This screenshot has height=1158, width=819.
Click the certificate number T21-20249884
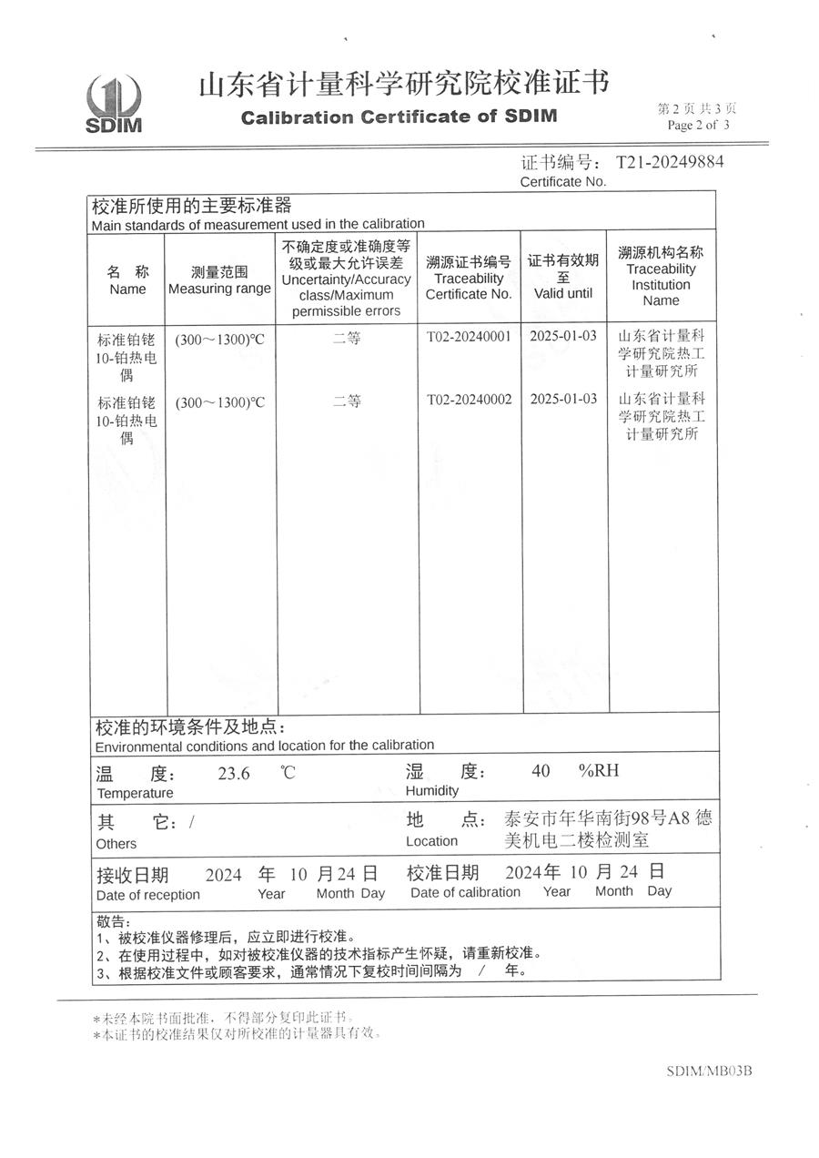[670, 163]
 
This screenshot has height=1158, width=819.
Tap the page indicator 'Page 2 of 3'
[698, 126]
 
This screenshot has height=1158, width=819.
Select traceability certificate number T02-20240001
[469, 336]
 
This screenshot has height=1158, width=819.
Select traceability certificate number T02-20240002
[469, 399]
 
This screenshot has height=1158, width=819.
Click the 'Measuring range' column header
[219, 289]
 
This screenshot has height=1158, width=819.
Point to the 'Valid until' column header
[563, 293]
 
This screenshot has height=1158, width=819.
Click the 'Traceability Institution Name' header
[661, 284]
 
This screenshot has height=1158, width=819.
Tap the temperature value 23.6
[234, 774]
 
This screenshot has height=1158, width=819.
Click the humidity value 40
[541, 771]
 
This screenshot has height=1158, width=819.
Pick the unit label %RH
[598, 771]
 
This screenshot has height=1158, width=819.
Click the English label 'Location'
[431, 841]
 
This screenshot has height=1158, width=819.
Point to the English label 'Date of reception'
[147, 895]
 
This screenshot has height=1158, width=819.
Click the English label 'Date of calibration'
[465, 892]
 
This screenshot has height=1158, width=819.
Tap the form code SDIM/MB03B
[709, 1071]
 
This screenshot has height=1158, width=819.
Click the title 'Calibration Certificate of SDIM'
[399, 117]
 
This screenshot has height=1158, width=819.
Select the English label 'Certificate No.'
[562, 182]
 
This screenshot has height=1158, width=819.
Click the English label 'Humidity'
[432, 791]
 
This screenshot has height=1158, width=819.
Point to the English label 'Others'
[116, 844]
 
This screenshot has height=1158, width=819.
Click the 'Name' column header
[127, 289]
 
